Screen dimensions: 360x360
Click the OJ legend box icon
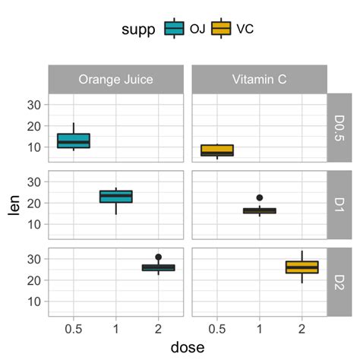[175, 29]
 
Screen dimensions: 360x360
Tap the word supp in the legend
[140, 29]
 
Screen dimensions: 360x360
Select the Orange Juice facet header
[115, 79]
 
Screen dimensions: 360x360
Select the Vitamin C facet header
[259, 79]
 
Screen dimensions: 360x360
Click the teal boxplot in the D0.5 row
[74, 141]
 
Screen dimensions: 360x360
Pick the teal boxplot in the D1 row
[116, 197]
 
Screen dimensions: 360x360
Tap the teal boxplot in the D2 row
[158, 267]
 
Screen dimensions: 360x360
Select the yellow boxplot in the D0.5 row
[217, 150]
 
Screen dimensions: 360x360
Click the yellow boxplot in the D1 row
[260, 210]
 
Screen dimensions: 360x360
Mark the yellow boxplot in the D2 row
[302, 267]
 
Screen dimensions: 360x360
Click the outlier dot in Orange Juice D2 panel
[158, 257]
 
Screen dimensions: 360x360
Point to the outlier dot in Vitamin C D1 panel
[260, 198]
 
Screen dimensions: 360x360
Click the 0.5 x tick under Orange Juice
[74, 329]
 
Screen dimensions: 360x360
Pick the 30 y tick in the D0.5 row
[35, 106]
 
